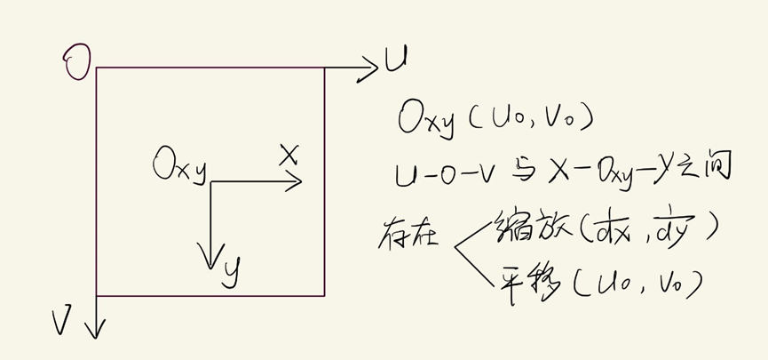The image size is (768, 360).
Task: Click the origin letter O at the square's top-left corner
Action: [x=77, y=64]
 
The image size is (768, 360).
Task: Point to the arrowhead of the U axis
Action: [x=371, y=67]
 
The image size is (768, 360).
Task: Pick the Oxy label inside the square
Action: [x=179, y=167]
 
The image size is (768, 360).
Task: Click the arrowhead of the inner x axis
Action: [x=296, y=182]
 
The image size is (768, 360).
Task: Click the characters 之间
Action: [x=707, y=169]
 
